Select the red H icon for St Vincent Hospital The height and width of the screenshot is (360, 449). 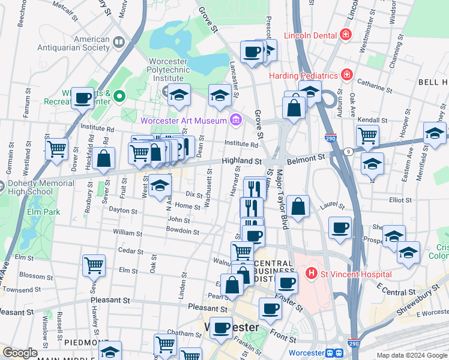(311, 274)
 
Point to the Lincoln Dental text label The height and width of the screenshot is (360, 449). (310, 35)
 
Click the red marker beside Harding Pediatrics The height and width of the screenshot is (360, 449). (346, 76)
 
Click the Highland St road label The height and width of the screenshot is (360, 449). (241, 161)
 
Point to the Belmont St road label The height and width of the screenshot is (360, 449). (306, 157)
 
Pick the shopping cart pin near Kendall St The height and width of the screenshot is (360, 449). (367, 136)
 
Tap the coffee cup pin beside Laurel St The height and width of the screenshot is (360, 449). (340, 228)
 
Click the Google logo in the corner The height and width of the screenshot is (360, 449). (20, 353)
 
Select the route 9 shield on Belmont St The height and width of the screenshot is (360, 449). (348, 152)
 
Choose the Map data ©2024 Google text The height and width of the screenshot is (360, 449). (411, 355)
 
